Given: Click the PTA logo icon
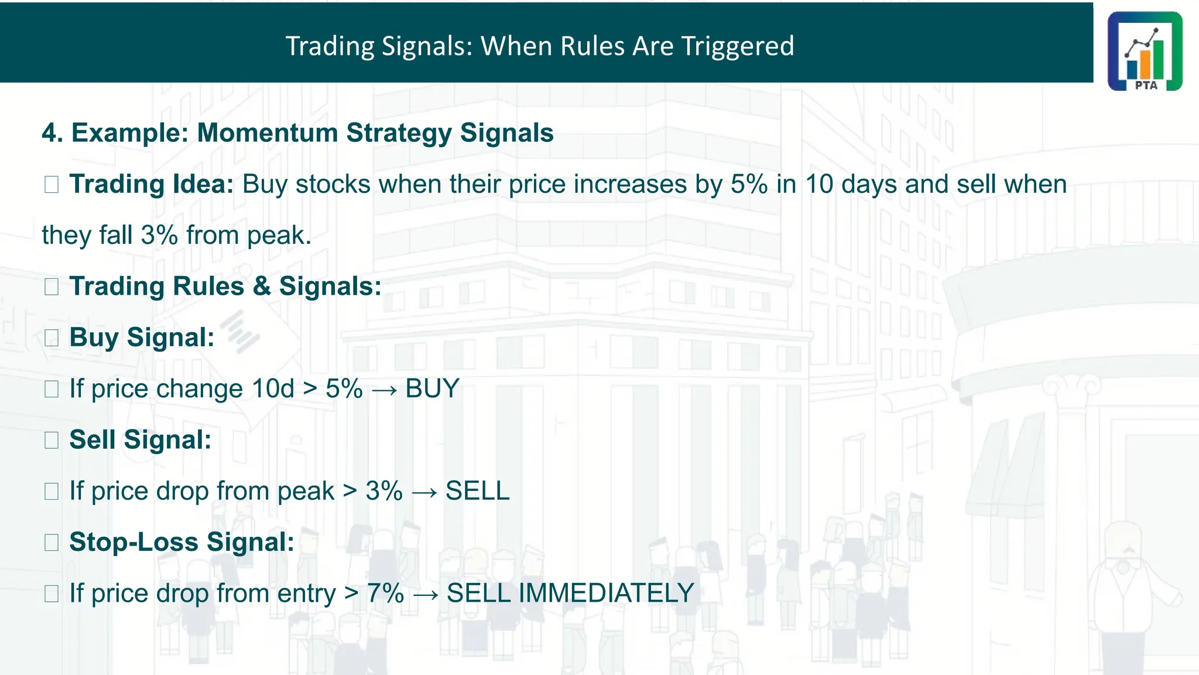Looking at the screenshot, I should click(x=1145, y=51).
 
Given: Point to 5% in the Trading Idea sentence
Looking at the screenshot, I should click(x=749, y=185).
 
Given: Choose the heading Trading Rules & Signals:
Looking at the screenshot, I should click(x=225, y=287).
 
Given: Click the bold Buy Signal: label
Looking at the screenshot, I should click(x=142, y=337).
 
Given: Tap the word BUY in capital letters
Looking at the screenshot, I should click(x=432, y=389).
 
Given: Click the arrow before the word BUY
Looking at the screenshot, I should click(x=384, y=390).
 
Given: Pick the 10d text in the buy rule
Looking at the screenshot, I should click(x=273, y=389).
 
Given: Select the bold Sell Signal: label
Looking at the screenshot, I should click(x=140, y=440).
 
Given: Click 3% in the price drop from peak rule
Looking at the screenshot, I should click(x=384, y=491).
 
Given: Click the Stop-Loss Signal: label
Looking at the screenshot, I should click(x=181, y=542).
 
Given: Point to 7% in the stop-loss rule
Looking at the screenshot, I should click(x=385, y=594).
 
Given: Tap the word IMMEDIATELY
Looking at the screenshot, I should click(x=606, y=594).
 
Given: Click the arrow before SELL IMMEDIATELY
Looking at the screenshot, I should click(x=426, y=595).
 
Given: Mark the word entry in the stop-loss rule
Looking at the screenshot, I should click(x=306, y=594).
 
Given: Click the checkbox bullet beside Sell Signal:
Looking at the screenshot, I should click(x=52, y=440).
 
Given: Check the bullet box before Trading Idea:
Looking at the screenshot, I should click(x=52, y=185).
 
